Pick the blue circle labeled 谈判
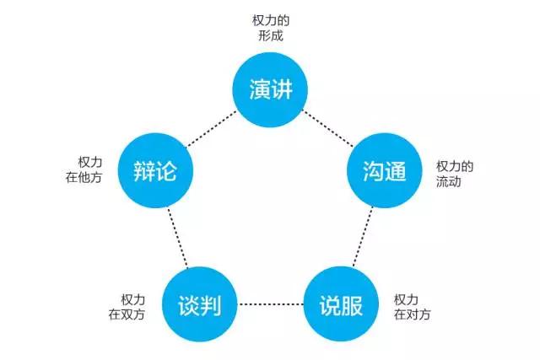(200, 303)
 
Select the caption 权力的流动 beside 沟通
(455, 174)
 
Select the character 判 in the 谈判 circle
(212, 304)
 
